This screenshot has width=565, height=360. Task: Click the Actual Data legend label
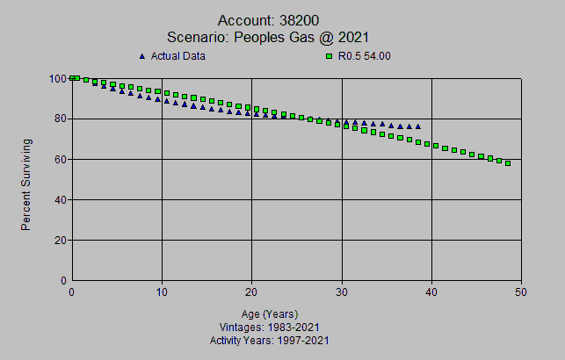pos(178,56)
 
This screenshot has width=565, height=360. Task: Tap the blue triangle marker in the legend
pos(142,56)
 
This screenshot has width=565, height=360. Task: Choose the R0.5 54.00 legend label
pos(363,56)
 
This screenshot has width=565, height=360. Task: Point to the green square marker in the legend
pos(329,56)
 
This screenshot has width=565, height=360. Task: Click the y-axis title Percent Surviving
pos(26,184)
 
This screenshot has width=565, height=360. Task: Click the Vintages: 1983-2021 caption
pos(270,327)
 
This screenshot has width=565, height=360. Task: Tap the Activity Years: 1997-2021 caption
pos(270,340)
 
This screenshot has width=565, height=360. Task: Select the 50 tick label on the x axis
pos(521,292)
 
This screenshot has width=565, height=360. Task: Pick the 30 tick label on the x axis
pos(342,292)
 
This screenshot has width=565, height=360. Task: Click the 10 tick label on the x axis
pos(162,292)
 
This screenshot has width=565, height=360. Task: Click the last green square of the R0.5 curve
pos(508,163)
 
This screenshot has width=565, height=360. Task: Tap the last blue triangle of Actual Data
pos(417,126)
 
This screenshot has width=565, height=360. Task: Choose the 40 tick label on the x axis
pos(431,292)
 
